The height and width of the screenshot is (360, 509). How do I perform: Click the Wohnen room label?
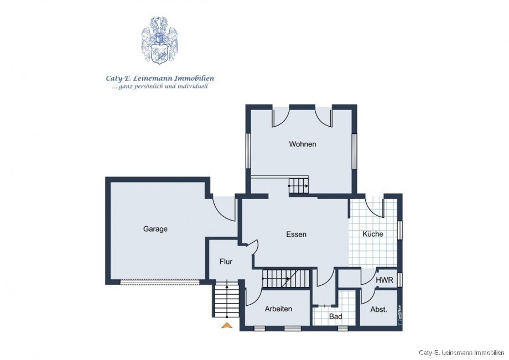coord(302,144)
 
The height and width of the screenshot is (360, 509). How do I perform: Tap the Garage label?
coord(155,229)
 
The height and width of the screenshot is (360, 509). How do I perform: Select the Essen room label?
coord(296,234)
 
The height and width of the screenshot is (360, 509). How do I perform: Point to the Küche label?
coord(373,234)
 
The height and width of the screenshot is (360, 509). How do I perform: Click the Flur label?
coord(226,262)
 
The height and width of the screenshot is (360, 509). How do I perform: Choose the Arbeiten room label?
coord(278,309)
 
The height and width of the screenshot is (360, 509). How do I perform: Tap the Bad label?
coord(335,317)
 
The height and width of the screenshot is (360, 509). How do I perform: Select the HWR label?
coord(384,280)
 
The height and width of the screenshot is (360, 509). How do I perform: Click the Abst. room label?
coord(378,310)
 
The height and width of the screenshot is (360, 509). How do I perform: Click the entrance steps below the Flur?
coord(226,299)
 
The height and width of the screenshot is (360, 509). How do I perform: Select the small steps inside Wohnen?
coord(298,186)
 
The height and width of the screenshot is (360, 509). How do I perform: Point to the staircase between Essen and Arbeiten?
coord(286,278)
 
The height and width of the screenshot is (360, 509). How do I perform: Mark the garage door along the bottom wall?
coord(160,281)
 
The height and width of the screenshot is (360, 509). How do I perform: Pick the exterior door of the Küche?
coord(375,206)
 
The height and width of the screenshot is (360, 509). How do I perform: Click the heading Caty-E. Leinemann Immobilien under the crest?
coord(160,79)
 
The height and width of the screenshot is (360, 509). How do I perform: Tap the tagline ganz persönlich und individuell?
coord(160,87)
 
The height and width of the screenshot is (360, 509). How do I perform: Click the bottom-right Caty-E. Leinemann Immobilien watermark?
coord(461,352)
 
